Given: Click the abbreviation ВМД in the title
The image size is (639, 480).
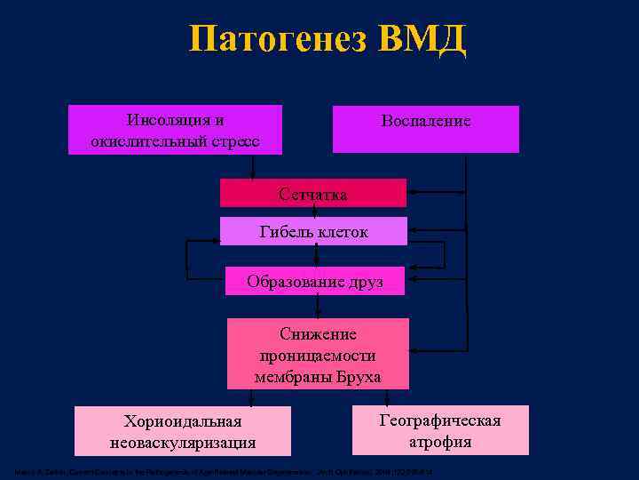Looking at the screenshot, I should (x=422, y=40).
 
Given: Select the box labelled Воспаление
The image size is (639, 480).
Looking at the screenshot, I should (x=425, y=129).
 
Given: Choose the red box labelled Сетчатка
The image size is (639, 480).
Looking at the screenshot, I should (x=312, y=193).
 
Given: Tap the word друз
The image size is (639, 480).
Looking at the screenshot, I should (x=367, y=282).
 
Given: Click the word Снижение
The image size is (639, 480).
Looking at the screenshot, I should (x=318, y=334).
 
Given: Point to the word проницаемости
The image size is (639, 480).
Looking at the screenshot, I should (x=318, y=356).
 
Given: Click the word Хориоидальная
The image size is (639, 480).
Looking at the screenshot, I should (x=183, y=420).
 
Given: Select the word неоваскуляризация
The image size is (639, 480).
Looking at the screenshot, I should (x=183, y=442).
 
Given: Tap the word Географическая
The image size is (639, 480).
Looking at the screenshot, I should (x=439, y=420).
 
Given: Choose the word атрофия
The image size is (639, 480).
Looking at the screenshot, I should (x=439, y=442).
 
